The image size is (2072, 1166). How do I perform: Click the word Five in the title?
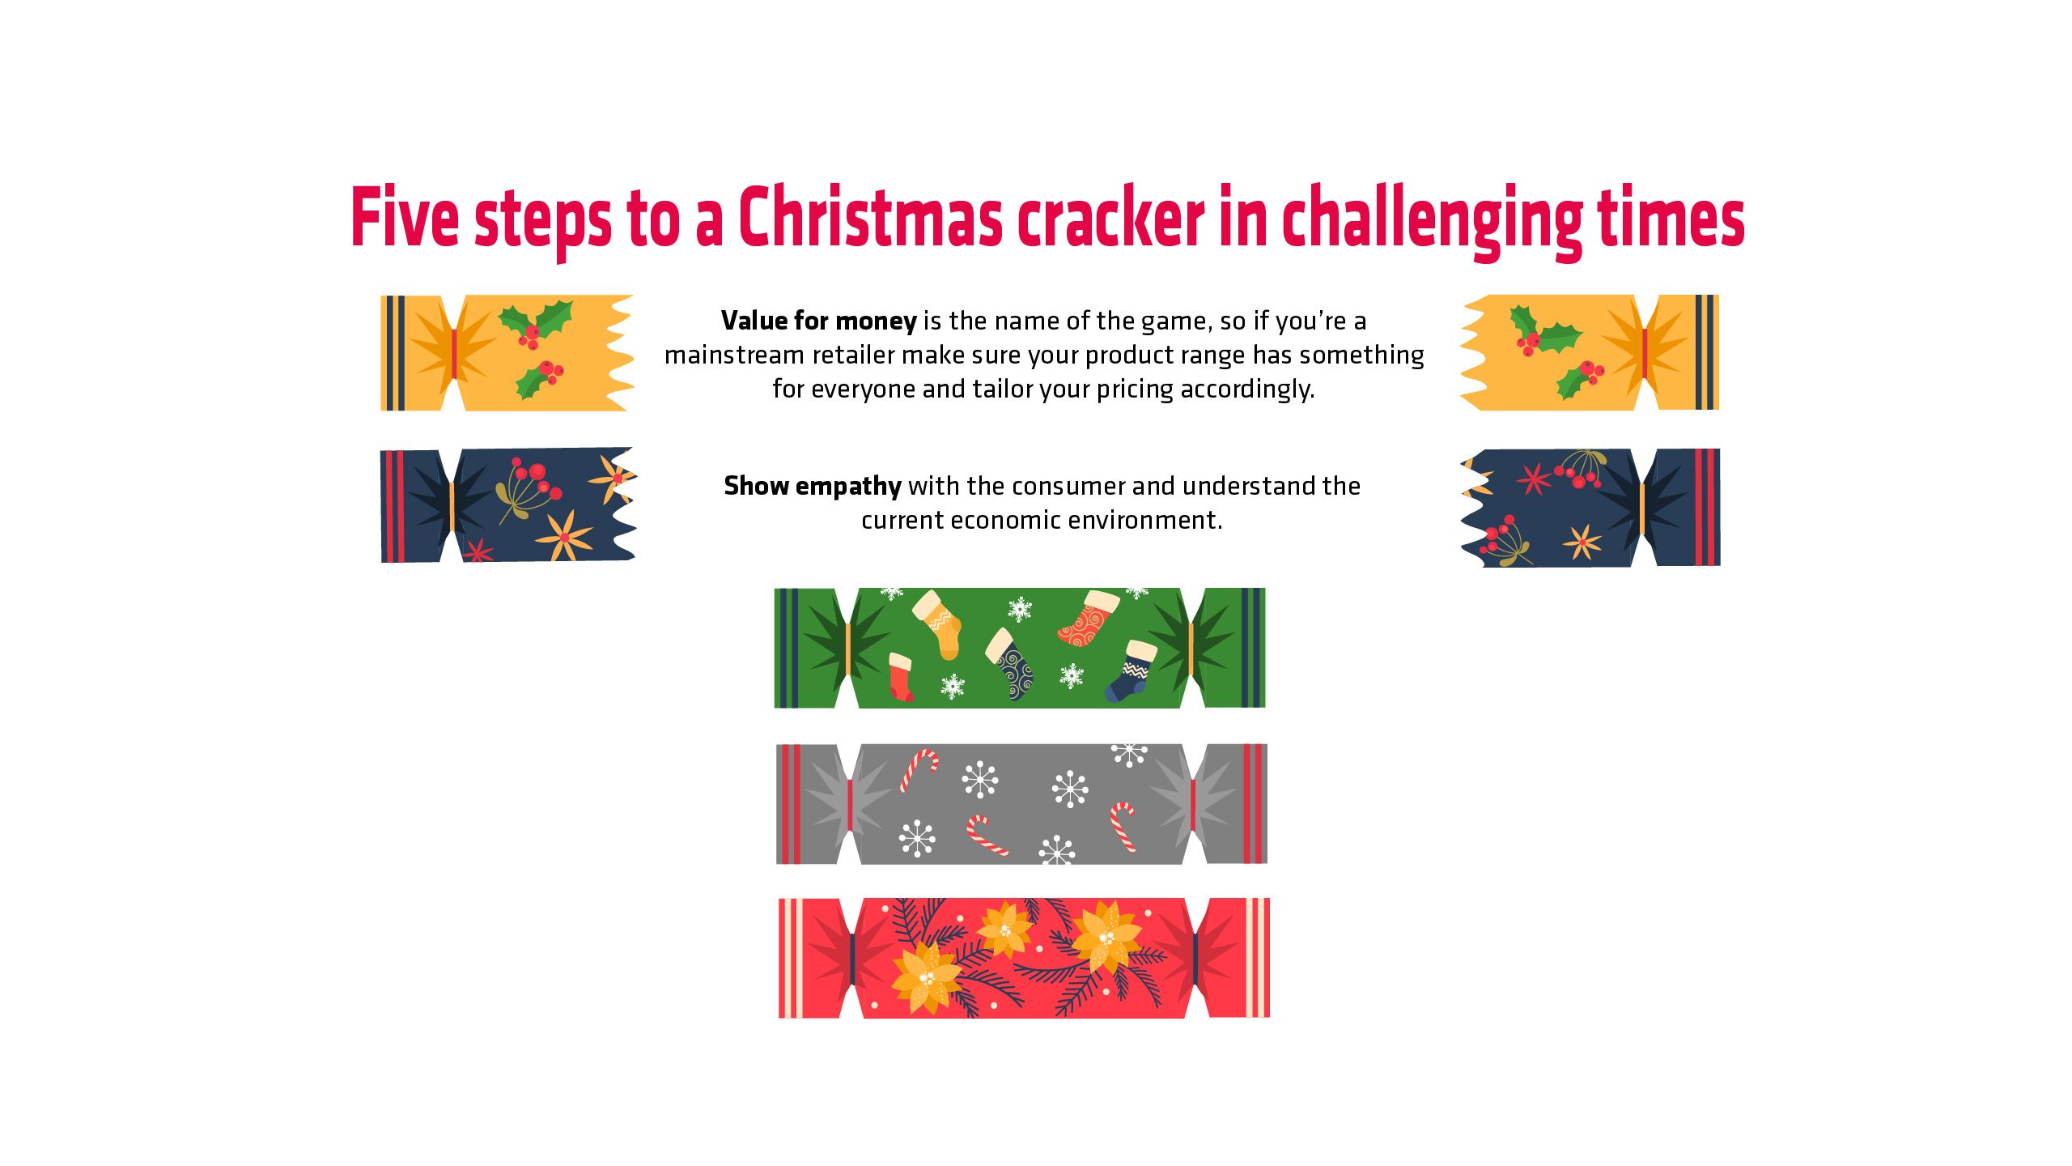405,216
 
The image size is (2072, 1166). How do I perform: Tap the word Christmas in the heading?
871,216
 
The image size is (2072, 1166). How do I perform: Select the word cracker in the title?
1111,216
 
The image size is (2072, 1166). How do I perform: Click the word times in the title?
1671,216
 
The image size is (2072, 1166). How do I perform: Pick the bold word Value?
754,321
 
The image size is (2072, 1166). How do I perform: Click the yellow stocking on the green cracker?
939,623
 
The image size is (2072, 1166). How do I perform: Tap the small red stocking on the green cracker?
901,678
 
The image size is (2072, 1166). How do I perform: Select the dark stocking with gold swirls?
1011,664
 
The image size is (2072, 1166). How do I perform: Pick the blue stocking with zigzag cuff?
1131,671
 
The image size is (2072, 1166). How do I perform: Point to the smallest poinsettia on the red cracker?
1004,930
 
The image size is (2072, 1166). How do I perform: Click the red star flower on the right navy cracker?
1533,479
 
